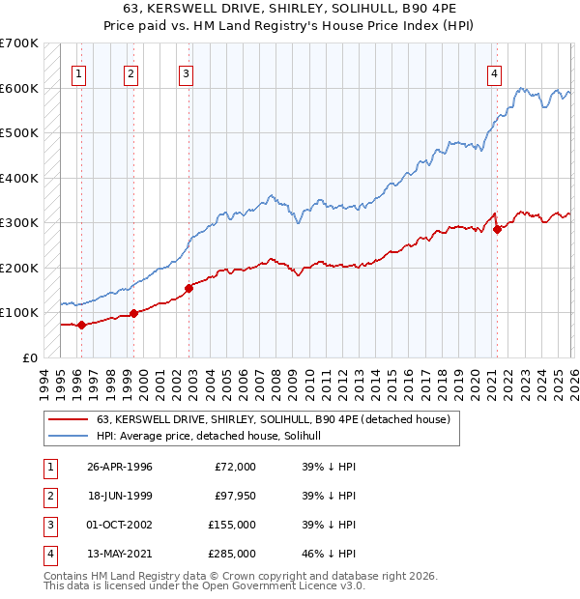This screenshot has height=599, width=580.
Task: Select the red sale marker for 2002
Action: click(188, 287)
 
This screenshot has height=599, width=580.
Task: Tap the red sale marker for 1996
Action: click(81, 325)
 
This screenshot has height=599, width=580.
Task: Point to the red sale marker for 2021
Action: click(497, 230)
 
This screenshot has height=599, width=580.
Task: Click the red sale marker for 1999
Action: click(133, 313)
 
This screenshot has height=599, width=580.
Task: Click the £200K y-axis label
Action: click(19, 268)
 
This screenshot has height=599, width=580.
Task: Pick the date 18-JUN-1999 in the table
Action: click(120, 497)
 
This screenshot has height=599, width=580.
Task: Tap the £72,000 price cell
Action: click(235, 467)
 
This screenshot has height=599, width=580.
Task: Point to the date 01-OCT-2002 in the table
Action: click(120, 526)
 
